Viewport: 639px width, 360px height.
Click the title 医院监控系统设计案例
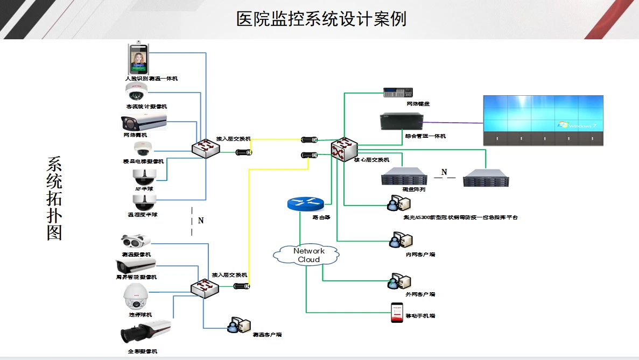point(321,19)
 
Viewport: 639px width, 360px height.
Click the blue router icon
point(305,203)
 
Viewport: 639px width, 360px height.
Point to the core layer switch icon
point(344,147)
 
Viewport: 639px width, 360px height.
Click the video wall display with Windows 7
point(543,119)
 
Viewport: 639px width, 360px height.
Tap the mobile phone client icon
point(397,313)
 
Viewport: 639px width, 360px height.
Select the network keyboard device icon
point(397,93)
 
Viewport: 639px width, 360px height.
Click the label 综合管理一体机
point(425,136)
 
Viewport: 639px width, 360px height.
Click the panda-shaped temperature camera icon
point(136,241)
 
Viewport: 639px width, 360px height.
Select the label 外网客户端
point(420,294)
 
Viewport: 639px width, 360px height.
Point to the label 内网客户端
point(420,254)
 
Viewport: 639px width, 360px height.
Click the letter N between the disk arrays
point(444,173)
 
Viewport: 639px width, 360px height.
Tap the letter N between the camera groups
point(201,221)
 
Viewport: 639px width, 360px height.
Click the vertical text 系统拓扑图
point(54,199)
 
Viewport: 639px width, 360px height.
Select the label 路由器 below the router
point(321,217)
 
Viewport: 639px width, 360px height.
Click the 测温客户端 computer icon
point(238,324)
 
